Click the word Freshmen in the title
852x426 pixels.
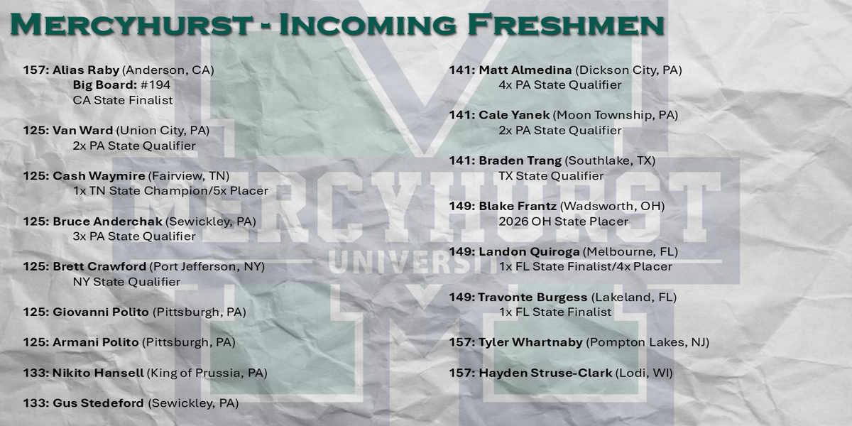coord(566,25)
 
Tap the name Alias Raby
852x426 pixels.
coord(86,70)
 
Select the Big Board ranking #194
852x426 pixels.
coord(155,84)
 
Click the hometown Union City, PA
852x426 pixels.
coord(163,131)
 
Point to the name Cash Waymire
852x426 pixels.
coord(99,176)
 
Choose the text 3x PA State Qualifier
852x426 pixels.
coord(134,236)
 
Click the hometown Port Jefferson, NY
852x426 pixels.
coord(207,267)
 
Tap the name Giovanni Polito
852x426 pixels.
coord(101,312)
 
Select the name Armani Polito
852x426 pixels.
coord(95,342)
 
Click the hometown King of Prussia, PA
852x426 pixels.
coord(207,373)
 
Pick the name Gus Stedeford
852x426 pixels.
coord(98,403)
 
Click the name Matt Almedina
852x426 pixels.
coord(525,70)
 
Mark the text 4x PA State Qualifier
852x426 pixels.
coord(560,84)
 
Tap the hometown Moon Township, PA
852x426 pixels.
coord(615,115)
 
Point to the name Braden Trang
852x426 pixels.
coord(520,161)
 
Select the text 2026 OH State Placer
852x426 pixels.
coord(563,222)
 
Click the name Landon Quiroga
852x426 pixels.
coord(529,252)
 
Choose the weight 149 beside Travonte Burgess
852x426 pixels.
coord(460,297)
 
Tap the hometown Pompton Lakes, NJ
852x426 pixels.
coord(648,343)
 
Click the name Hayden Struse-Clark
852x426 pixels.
coord(545,373)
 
